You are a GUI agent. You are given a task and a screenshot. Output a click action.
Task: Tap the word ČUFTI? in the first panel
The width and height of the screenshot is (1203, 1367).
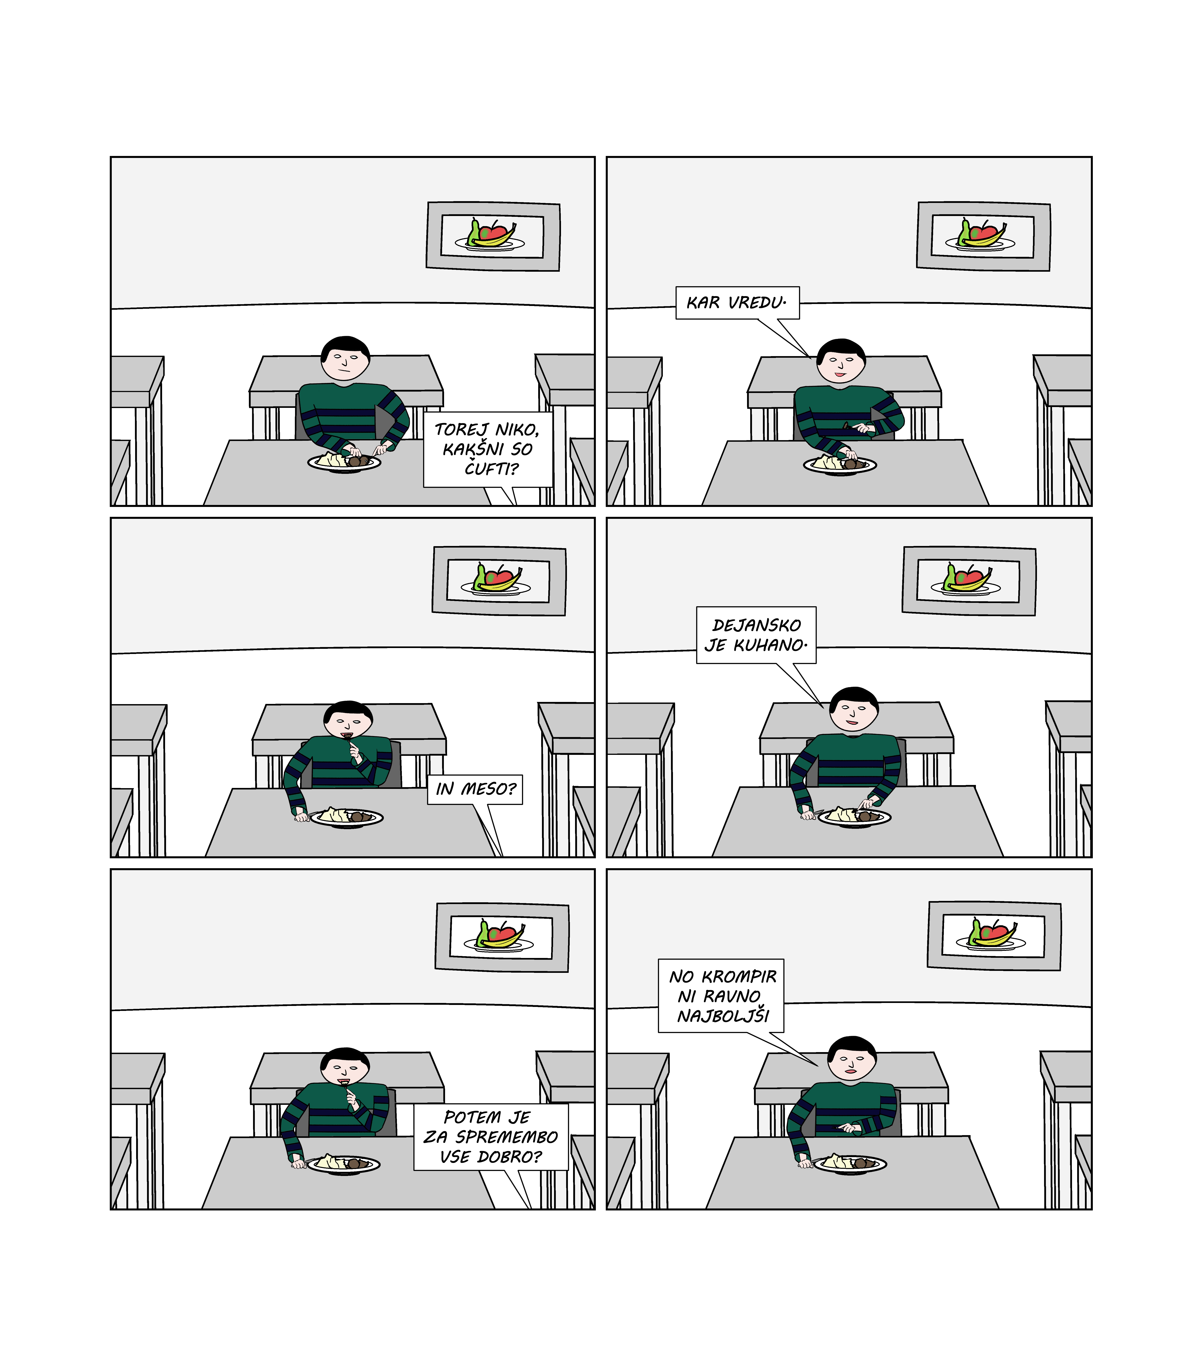(x=491, y=469)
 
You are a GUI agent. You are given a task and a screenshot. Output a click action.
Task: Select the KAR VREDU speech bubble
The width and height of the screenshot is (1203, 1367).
(x=738, y=303)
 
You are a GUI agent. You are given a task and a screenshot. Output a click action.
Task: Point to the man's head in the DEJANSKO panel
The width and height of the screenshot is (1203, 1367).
(x=853, y=710)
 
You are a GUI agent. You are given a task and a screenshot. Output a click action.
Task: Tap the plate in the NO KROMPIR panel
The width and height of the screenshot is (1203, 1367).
(x=850, y=1164)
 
